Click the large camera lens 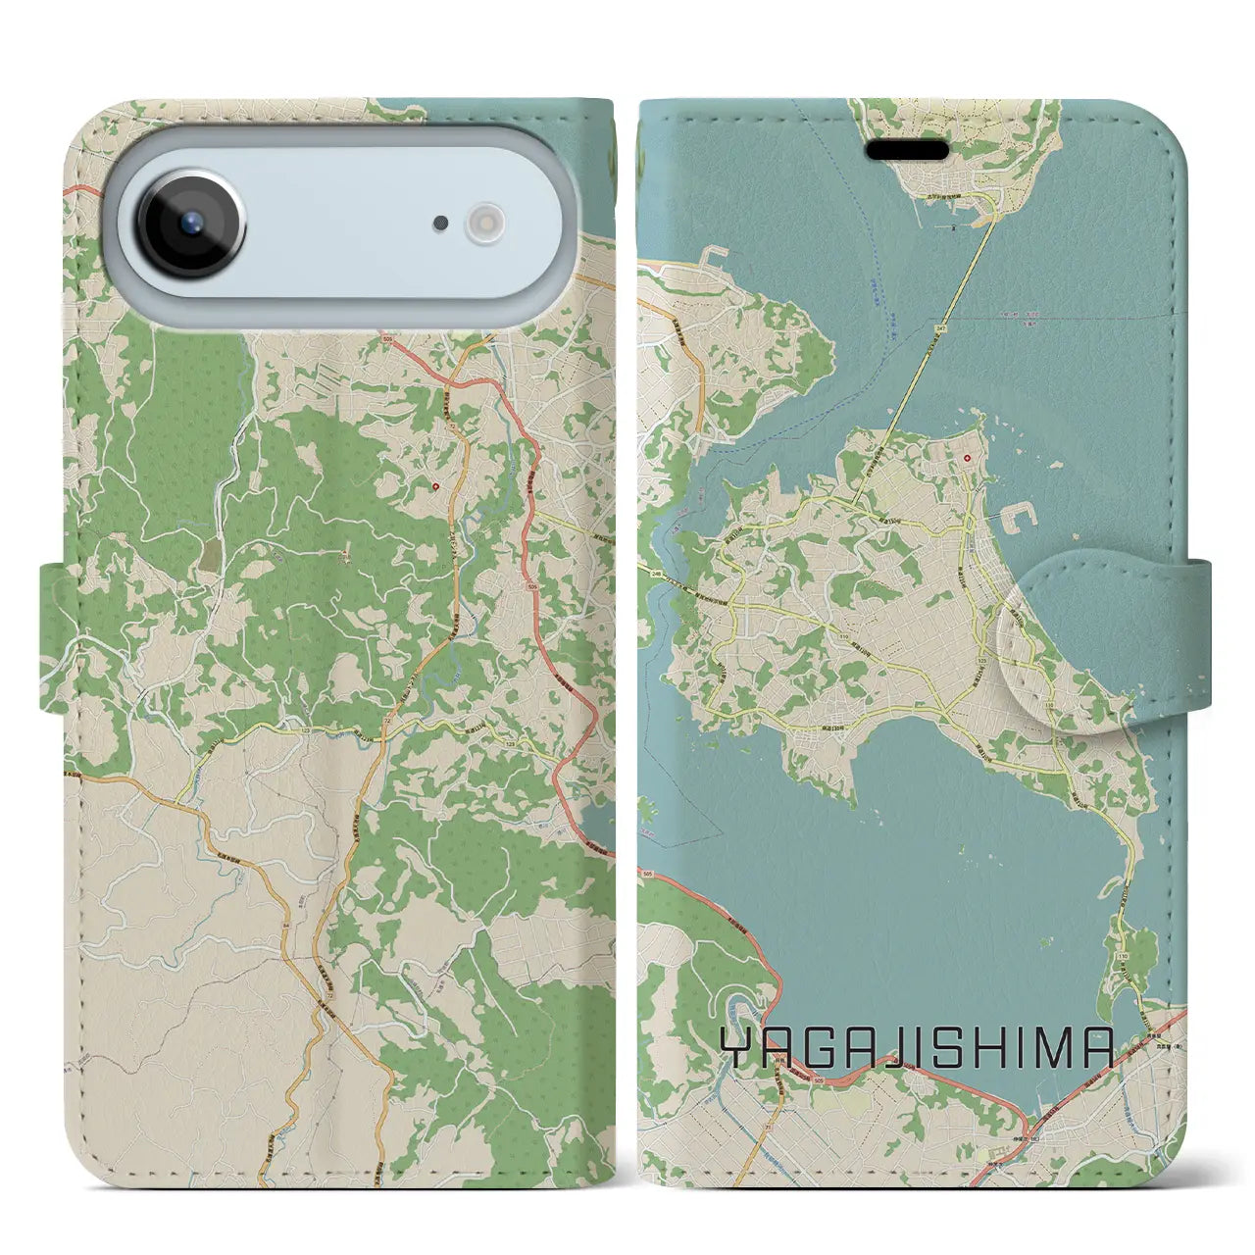[190, 223]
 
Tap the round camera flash [484, 223]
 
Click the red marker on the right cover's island [967, 458]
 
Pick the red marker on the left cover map [436, 485]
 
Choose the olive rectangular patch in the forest [211, 556]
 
